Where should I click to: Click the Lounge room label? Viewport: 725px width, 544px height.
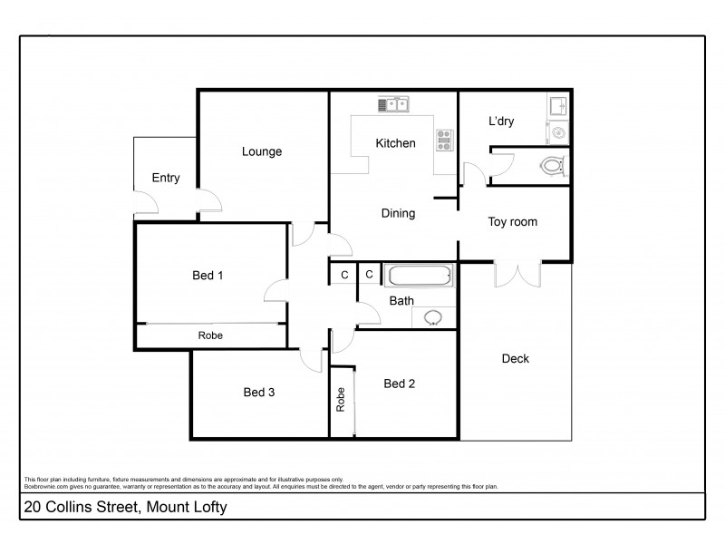[x=262, y=151]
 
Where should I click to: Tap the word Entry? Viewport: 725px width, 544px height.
[x=165, y=178]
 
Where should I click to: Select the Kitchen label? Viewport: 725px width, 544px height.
[x=396, y=143]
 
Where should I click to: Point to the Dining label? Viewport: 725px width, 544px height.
[x=398, y=214]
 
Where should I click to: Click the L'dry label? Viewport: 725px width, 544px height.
[x=502, y=121]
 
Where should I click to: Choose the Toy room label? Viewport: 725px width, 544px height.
[x=513, y=221]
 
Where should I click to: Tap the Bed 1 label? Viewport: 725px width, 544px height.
[x=208, y=276]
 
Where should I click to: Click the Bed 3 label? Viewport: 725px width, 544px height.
[x=259, y=393]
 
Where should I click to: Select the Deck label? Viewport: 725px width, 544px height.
[x=515, y=358]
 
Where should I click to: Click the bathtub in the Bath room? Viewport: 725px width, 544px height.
[x=418, y=275]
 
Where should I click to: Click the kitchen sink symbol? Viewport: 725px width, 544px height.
[x=393, y=104]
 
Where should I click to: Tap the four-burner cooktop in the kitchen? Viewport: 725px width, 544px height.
[x=445, y=139]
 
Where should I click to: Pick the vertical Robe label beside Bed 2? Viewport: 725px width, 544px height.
[x=341, y=401]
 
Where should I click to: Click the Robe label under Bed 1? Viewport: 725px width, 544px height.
[x=210, y=335]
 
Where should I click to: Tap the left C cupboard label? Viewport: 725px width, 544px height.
[x=343, y=274]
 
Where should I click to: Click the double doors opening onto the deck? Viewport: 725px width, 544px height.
[x=517, y=274]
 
